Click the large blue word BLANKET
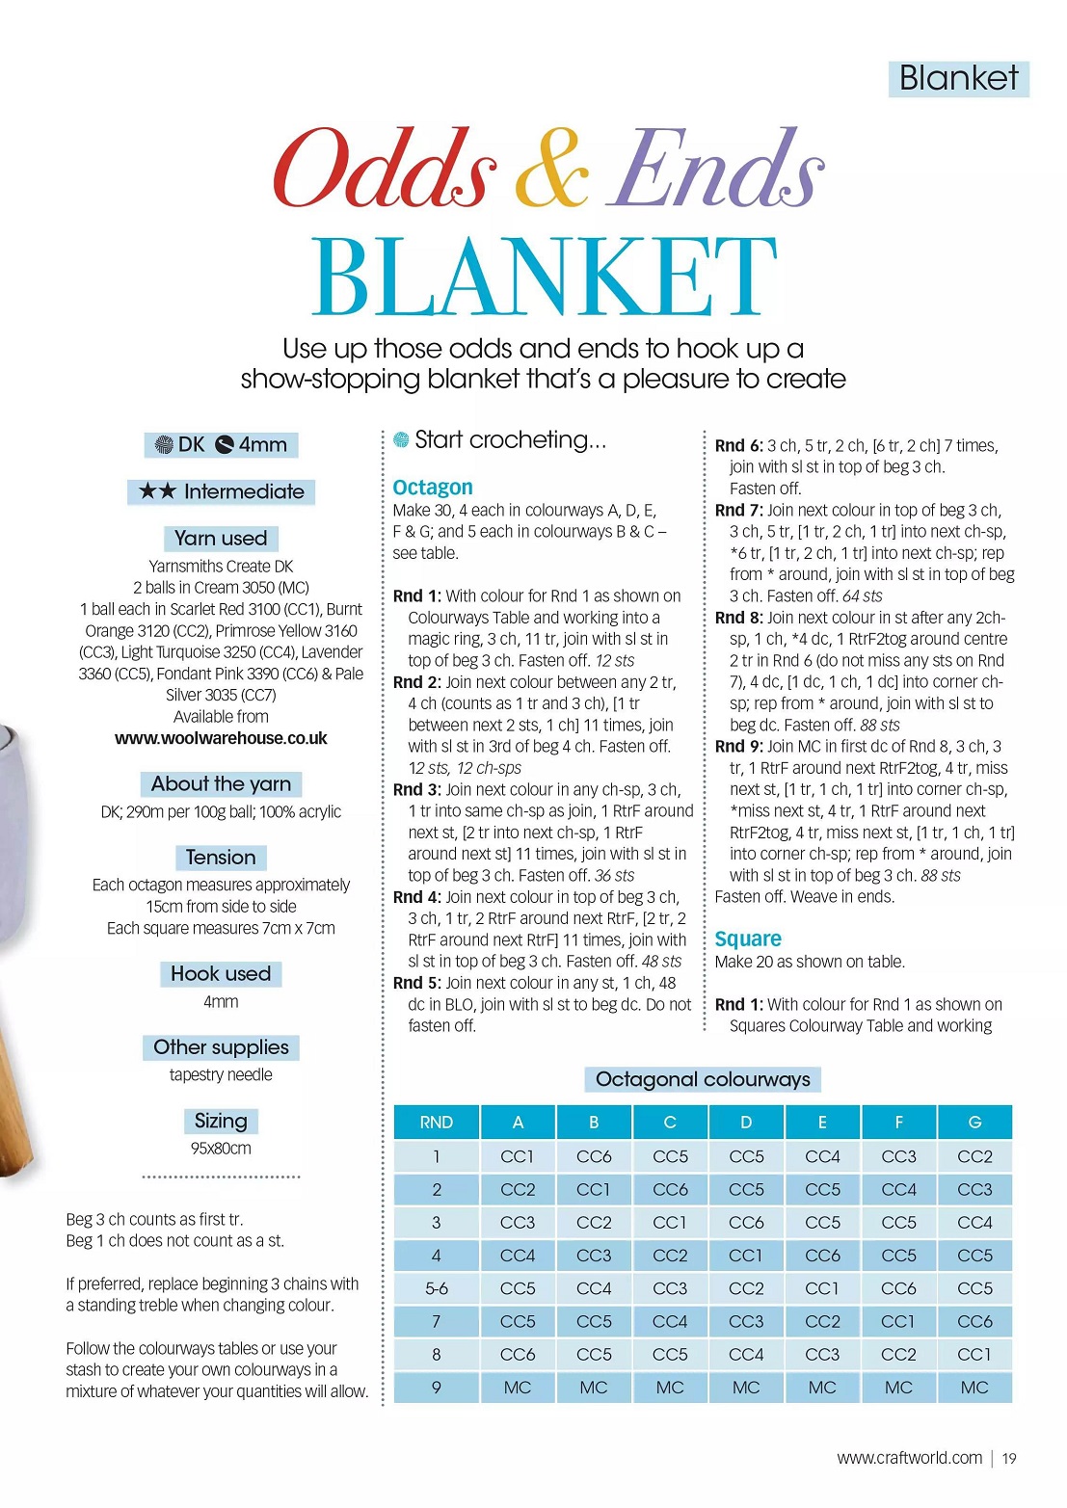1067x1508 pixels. click(x=544, y=277)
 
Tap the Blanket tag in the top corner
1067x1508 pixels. click(x=958, y=78)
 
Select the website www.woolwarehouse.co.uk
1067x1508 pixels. click(x=221, y=738)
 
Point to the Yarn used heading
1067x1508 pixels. click(x=221, y=538)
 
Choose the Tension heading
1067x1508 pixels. click(x=221, y=858)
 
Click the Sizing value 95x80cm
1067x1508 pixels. click(x=221, y=1149)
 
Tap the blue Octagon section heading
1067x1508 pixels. click(x=433, y=487)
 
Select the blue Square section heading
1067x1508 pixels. click(x=748, y=939)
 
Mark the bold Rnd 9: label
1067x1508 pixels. click(x=738, y=746)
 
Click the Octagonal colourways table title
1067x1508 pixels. click(x=703, y=1079)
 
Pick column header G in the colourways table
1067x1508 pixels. click(x=974, y=1123)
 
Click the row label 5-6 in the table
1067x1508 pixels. click(x=437, y=1288)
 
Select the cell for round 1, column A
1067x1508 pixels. click(x=518, y=1156)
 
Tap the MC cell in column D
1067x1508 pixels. click(x=746, y=1388)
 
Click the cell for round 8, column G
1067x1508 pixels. click(x=974, y=1354)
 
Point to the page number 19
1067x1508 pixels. click(x=1009, y=1458)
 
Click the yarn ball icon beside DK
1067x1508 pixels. click(x=164, y=445)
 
